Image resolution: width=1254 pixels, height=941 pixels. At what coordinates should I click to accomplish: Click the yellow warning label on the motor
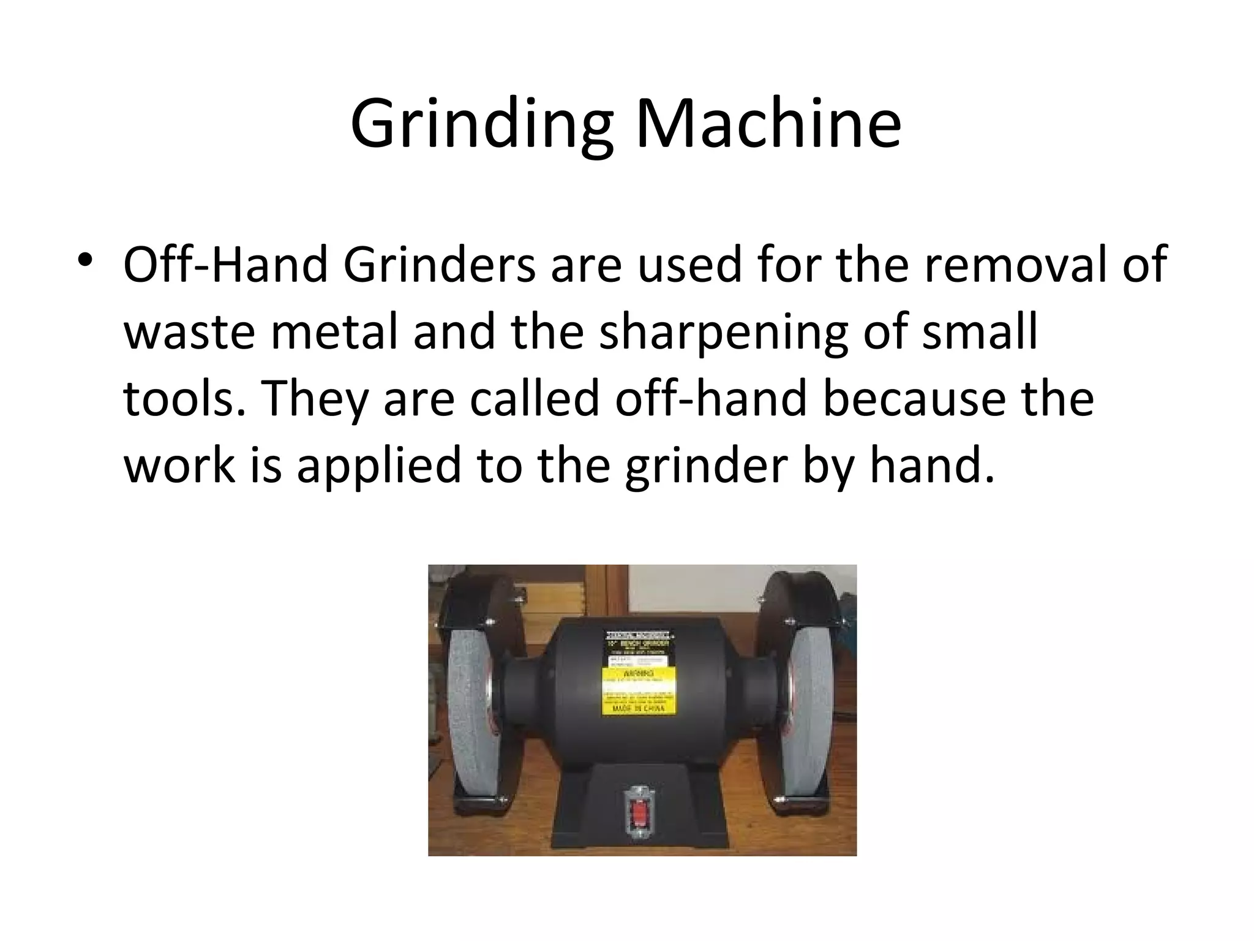click(637, 691)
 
